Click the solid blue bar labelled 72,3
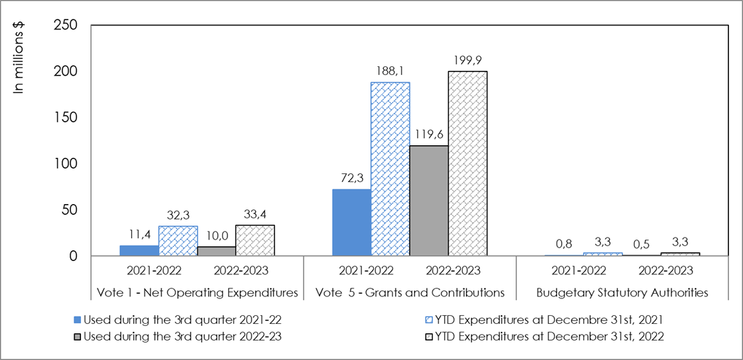(x=352, y=222)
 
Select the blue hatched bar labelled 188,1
(x=391, y=169)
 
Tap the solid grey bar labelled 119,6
(x=429, y=201)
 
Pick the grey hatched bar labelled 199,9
(x=468, y=164)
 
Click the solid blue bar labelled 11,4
(x=139, y=250)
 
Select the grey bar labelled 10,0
(x=217, y=251)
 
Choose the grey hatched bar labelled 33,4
(x=255, y=240)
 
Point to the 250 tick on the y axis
(x=66, y=25)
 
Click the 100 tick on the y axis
(x=66, y=163)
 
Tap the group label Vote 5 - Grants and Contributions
(x=410, y=292)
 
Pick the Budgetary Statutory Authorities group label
(x=623, y=292)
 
